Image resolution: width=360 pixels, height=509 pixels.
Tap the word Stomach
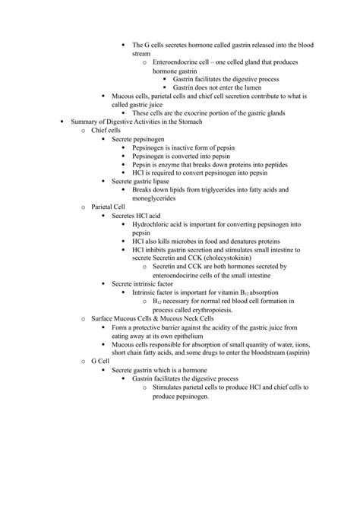point(215,122)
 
